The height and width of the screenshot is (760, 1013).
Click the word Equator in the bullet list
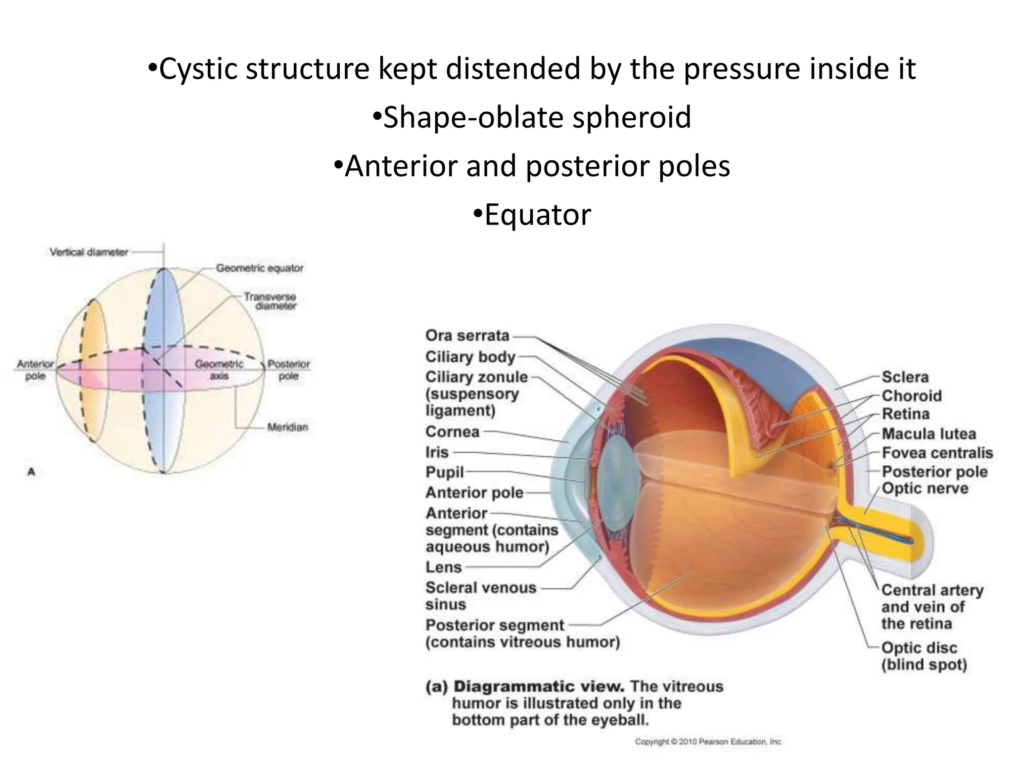pyautogui.click(x=537, y=215)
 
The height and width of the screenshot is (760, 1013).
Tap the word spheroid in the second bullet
pyautogui.click(x=632, y=117)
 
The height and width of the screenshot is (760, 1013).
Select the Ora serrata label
pyautogui.click(x=467, y=335)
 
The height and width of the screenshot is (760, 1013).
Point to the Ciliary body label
pyautogui.click(x=470, y=357)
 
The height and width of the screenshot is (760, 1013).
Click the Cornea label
pyautogui.click(x=452, y=431)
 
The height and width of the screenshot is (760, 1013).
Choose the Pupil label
pyautogui.click(x=444, y=472)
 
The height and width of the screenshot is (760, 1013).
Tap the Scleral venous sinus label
pyautogui.click(x=480, y=596)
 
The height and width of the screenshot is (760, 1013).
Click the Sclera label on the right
pyautogui.click(x=905, y=377)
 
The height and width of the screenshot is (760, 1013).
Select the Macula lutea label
pyautogui.click(x=928, y=434)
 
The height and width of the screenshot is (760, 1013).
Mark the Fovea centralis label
pyautogui.click(x=937, y=453)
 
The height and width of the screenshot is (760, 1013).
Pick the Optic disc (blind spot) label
pyautogui.click(x=923, y=656)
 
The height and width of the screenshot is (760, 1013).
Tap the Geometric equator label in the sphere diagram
pyautogui.click(x=259, y=268)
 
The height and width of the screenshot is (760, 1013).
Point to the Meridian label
pyautogui.click(x=287, y=427)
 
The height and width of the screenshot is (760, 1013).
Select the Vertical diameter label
pyautogui.click(x=89, y=252)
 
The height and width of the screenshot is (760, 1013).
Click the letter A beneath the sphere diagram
pyautogui.click(x=31, y=472)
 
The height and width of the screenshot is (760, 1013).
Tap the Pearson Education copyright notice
pyautogui.click(x=708, y=742)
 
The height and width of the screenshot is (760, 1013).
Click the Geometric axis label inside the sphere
pyautogui.click(x=219, y=370)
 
